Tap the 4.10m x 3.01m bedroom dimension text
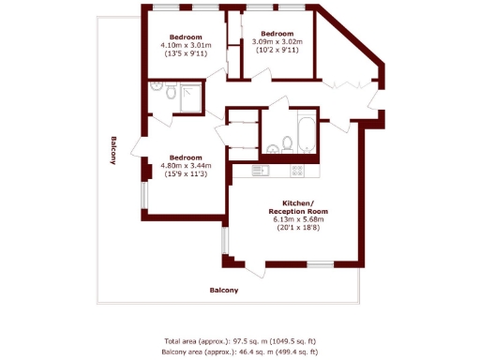(186, 45)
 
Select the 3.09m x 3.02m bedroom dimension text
(278, 41)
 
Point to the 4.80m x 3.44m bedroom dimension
(185, 166)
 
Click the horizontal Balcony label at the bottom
(223, 291)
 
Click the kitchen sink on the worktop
(261, 171)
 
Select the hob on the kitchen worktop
(298, 171)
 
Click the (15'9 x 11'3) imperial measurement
(185, 174)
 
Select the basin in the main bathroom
(271, 146)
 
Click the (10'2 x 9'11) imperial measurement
(278, 50)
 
